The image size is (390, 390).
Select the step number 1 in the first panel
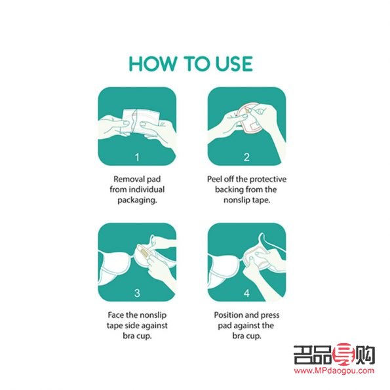pos(137,157)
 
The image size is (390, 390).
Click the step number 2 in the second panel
pos(247,157)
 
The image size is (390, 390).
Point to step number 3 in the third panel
pos(137,293)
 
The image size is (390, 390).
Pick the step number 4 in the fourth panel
pos(247,293)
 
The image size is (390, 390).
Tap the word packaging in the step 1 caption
pos(136,201)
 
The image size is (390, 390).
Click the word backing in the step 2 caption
pos(225,190)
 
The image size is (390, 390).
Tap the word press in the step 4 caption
pos(269,315)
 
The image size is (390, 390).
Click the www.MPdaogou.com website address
pos(334,370)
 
